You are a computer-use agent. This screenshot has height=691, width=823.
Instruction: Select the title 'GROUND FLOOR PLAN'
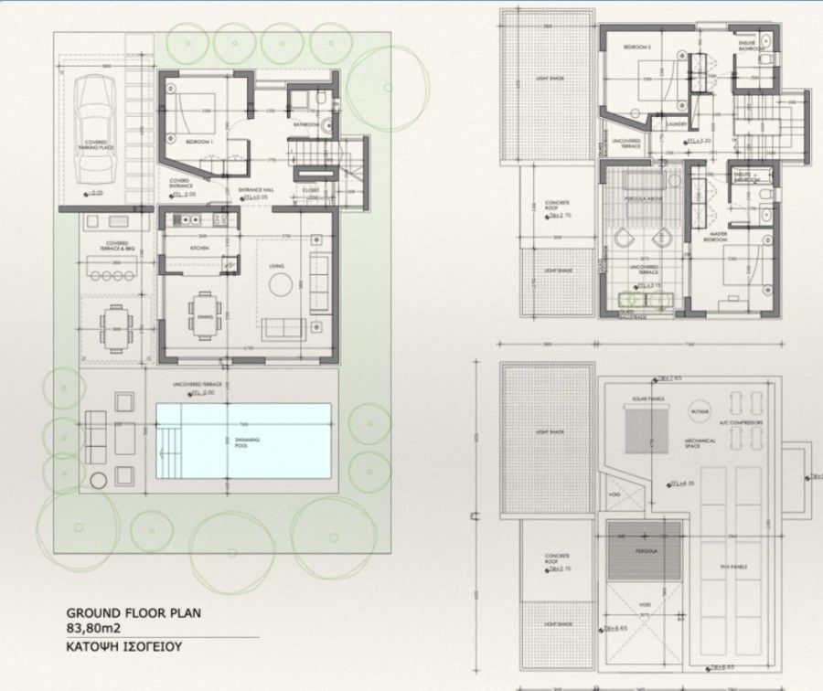[x=133, y=613]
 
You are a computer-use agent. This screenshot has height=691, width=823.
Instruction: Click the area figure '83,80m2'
[x=94, y=629]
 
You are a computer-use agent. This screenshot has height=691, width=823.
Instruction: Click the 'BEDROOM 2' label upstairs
[x=636, y=46]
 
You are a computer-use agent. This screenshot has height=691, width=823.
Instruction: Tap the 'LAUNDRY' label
[x=677, y=124]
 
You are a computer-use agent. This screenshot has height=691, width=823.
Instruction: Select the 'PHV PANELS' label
[x=733, y=566]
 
